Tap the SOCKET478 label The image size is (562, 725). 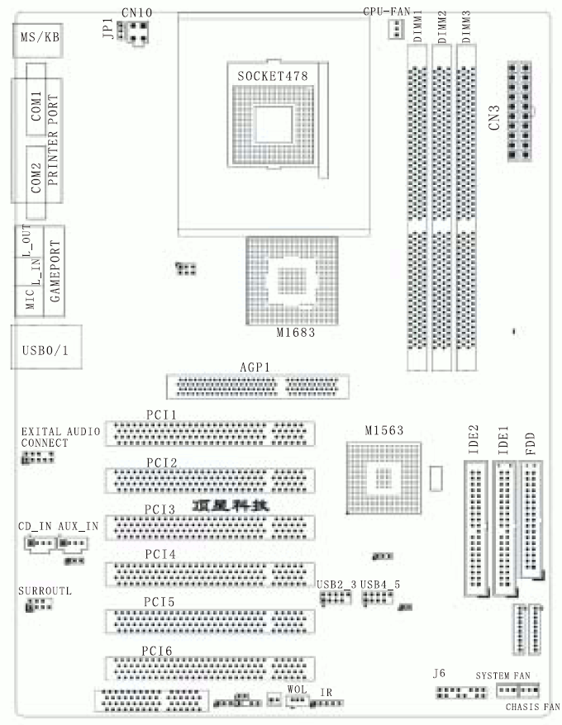(x=272, y=76)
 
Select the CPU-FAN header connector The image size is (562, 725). (x=394, y=30)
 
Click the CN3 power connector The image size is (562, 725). (x=520, y=113)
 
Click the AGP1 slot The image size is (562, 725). (x=257, y=386)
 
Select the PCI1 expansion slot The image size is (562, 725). (x=210, y=433)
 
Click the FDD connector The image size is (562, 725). (x=533, y=520)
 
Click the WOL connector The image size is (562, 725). (x=295, y=700)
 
